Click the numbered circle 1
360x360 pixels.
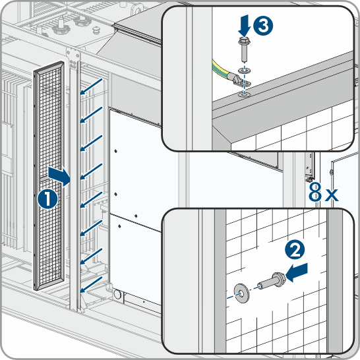pos(47,199)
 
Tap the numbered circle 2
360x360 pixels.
pos(295,250)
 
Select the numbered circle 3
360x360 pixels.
pos(263,26)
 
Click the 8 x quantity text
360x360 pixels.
pos(323,192)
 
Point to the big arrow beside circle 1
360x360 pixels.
pos(59,176)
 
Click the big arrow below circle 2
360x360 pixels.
pos(297,272)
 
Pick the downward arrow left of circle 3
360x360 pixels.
pos(244,26)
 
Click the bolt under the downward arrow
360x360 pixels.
pos(245,49)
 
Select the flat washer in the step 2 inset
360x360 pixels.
pos(241,293)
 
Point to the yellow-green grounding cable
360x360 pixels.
pos(220,69)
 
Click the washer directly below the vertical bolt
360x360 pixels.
pos(244,71)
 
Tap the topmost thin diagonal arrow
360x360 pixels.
pos(92,86)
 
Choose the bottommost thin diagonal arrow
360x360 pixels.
pos(92,285)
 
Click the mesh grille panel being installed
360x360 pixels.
pos(49,175)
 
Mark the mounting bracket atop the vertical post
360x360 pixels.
pos(73,59)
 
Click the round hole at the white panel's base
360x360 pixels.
pos(117,293)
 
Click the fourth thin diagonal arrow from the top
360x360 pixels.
pos(92,171)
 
